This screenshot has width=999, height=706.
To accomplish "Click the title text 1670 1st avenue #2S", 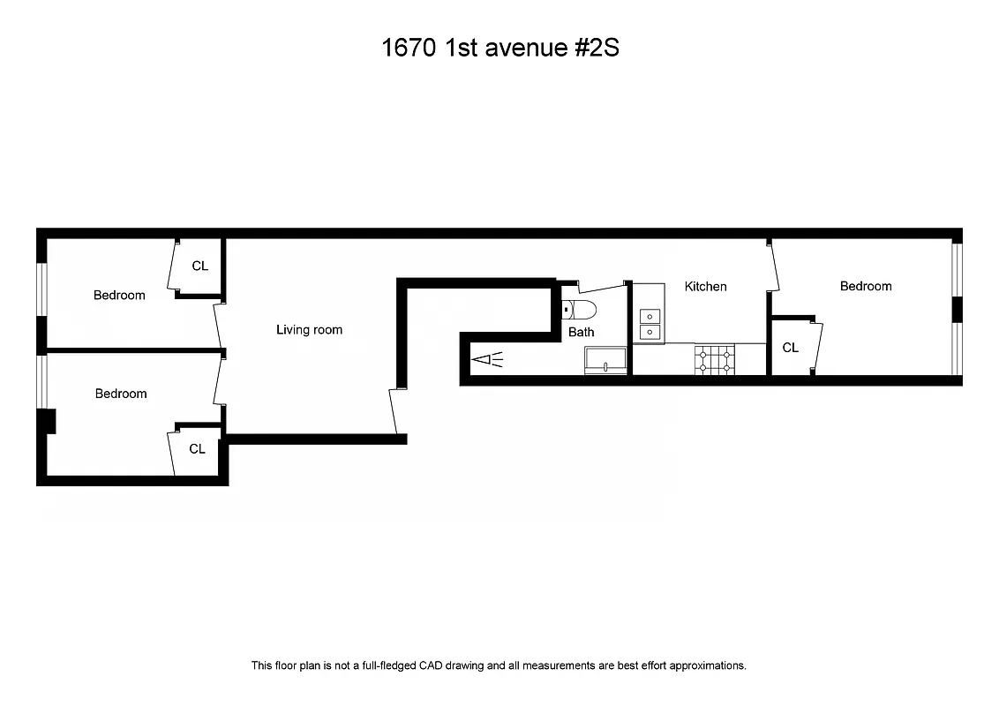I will (x=500, y=48).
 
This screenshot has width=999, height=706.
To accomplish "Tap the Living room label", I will (x=309, y=330).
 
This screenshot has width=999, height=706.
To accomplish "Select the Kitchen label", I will (x=706, y=286).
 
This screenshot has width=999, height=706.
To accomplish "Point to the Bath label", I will (x=581, y=333).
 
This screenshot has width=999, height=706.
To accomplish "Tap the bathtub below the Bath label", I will (x=605, y=360).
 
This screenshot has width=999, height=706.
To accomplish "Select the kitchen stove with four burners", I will (x=715, y=358).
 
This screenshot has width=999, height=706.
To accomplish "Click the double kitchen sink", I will (x=650, y=324).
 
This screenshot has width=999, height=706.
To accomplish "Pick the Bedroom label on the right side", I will (x=865, y=286).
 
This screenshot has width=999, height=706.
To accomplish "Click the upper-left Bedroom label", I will (x=119, y=295).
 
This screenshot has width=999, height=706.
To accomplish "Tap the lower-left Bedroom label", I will (x=121, y=394).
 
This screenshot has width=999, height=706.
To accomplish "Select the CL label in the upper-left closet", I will (x=200, y=266).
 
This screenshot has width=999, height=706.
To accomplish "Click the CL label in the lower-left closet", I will (x=197, y=449).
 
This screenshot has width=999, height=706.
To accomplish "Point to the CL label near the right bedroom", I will (x=790, y=348).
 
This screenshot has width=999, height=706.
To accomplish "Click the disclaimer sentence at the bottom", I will (x=499, y=665).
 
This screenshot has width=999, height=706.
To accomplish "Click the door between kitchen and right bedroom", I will (x=775, y=268).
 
